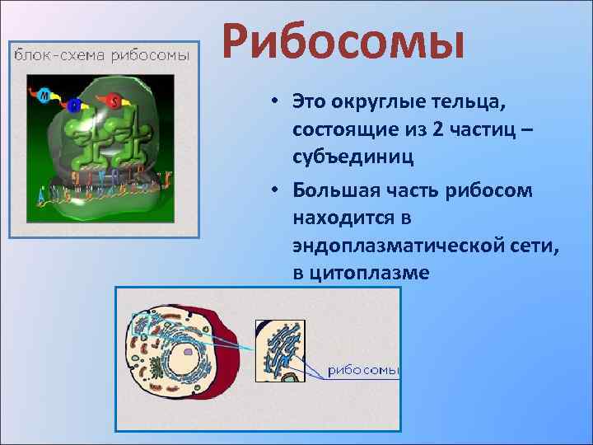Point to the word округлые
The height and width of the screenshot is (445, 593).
pos(376,103)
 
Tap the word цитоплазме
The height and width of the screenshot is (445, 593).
pos(370,274)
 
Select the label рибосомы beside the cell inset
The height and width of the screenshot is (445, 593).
pos(363,370)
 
